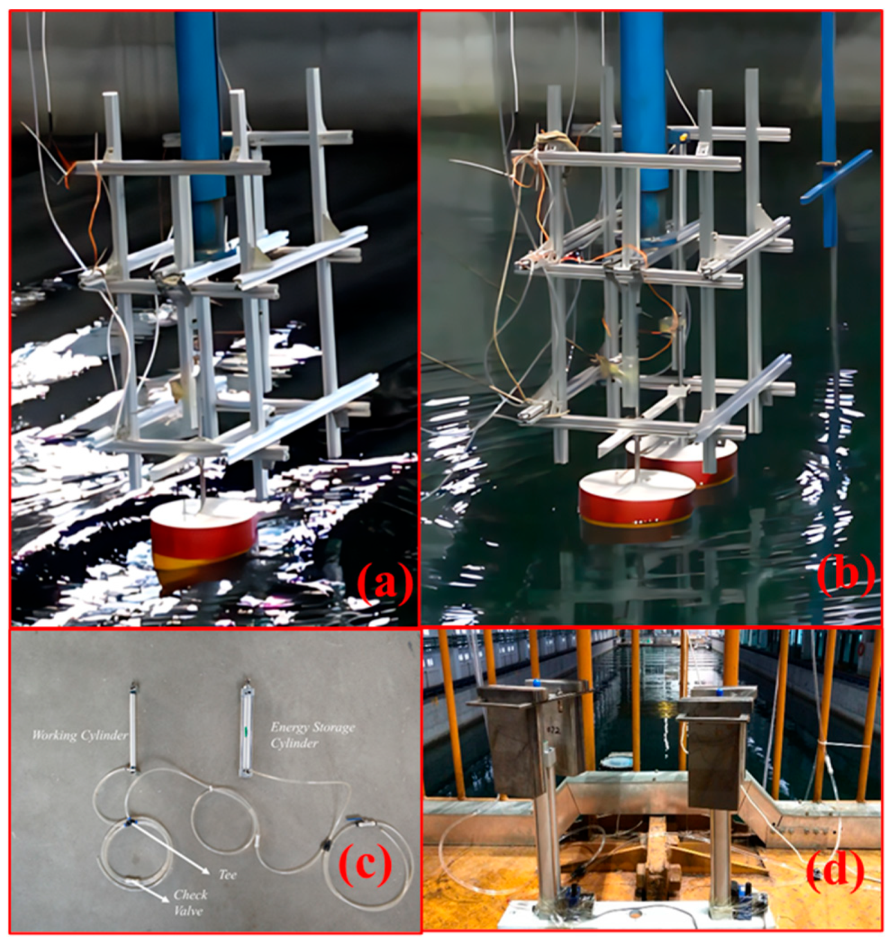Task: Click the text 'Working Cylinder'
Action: (80, 735)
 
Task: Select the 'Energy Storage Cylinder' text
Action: (312, 735)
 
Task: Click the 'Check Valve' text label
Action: (190, 902)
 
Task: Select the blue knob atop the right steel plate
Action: (719, 692)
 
